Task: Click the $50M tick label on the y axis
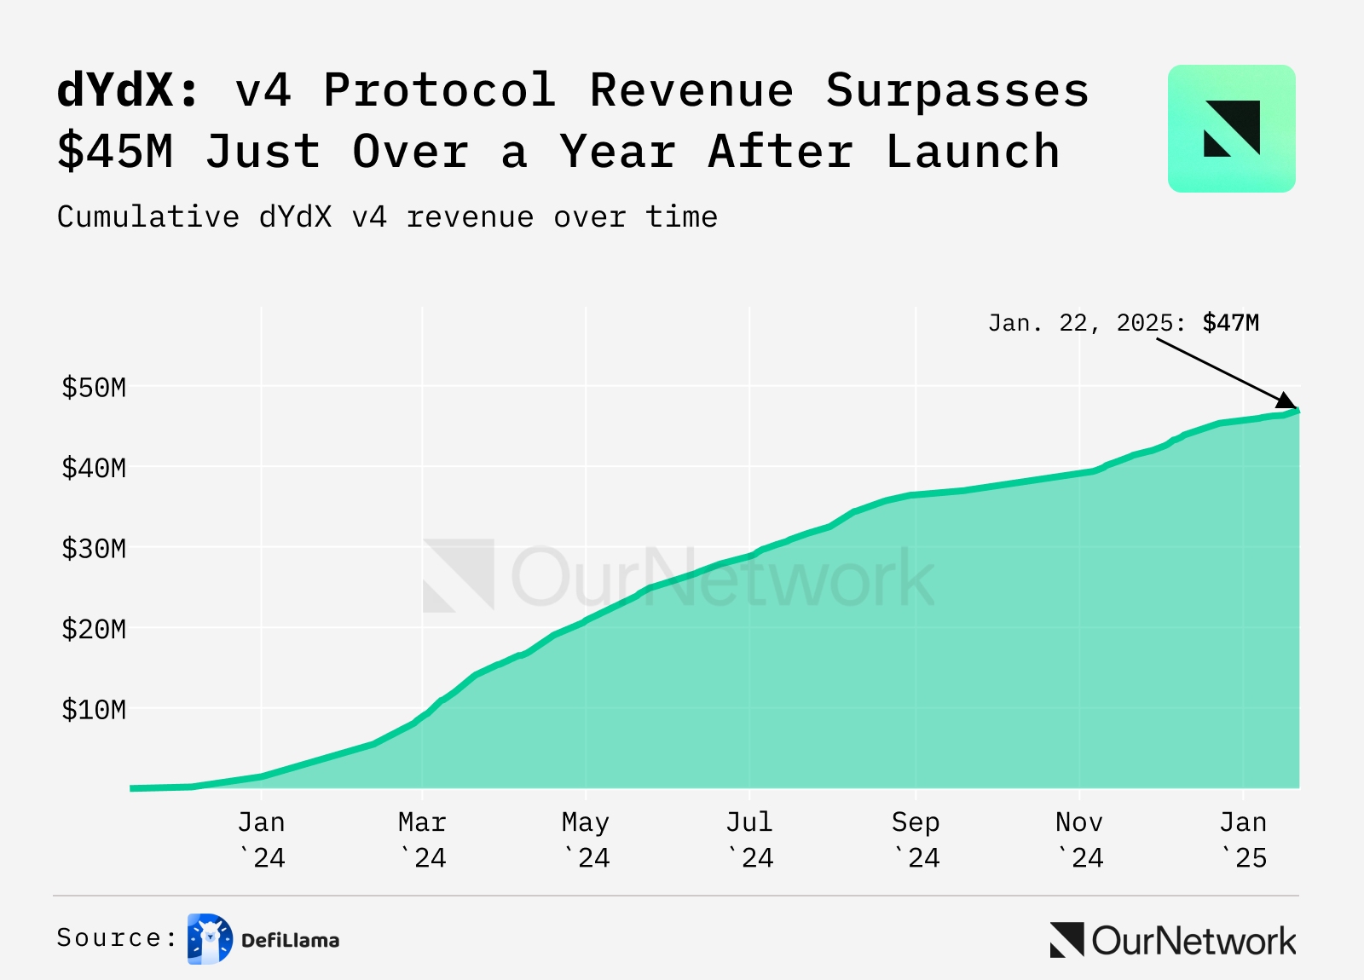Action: tap(94, 388)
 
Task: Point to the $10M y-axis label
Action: tap(94, 709)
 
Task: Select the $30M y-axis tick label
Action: tap(94, 548)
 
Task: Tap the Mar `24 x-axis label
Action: tap(423, 839)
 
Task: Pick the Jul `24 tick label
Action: tap(749, 839)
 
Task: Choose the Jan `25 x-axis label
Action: tap(1244, 839)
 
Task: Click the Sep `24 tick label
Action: tap(916, 839)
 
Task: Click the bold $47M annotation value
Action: tap(1230, 323)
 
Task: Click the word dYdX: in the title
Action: tap(128, 89)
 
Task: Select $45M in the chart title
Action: tap(115, 152)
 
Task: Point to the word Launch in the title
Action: tap(973, 152)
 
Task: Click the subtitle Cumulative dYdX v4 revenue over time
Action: tap(387, 217)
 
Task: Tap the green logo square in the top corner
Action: tap(1231, 129)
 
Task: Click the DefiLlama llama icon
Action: tap(210, 939)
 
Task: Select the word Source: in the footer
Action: tap(117, 938)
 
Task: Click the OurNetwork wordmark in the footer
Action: tap(1174, 940)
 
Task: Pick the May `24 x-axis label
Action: tap(586, 839)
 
